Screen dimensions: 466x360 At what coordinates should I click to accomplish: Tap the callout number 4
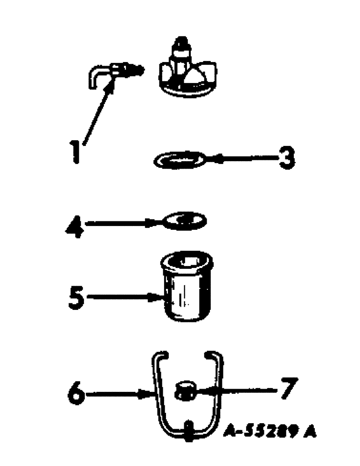pos(74,226)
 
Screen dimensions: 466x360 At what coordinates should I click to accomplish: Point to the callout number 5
pos(75,296)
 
